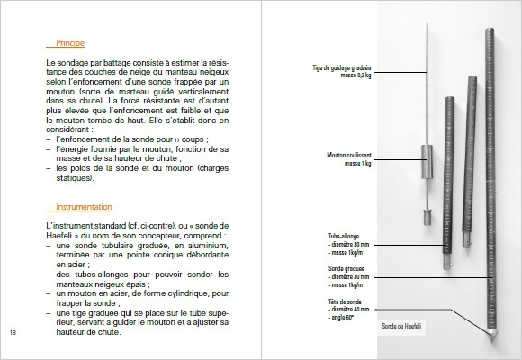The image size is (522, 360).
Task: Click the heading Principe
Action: [x=69, y=42]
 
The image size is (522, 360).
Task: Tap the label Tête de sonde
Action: [x=345, y=301]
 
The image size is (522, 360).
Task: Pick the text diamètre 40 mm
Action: [x=352, y=309]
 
